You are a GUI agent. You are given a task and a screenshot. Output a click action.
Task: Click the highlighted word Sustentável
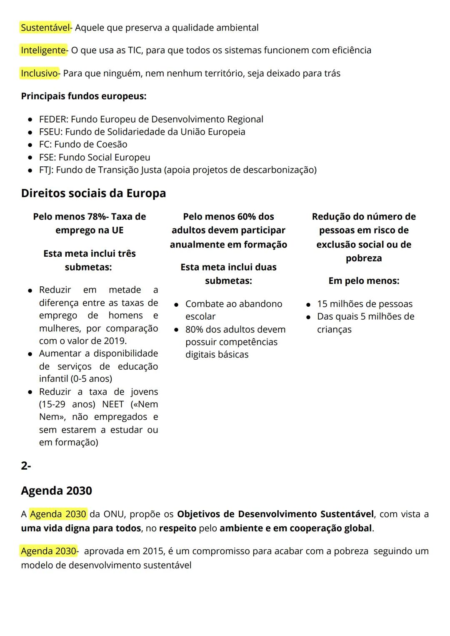click(45, 28)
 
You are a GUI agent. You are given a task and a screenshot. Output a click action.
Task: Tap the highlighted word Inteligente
click(43, 50)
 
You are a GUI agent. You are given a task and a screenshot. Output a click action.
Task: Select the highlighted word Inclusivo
click(40, 73)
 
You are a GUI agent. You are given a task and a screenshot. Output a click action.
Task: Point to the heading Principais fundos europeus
click(83, 96)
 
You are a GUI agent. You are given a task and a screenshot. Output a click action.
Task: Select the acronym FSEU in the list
click(50, 132)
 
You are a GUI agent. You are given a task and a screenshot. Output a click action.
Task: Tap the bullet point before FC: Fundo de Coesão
click(30, 145)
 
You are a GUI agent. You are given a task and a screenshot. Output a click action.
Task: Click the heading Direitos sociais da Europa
click(93, 193)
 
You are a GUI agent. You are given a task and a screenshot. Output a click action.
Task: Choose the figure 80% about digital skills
click(194, 330)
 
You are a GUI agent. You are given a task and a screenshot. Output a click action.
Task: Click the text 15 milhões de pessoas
click(365, 304)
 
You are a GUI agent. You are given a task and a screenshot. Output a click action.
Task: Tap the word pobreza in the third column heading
click(364, 258)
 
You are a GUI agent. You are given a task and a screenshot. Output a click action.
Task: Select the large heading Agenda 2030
click(56, 491)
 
